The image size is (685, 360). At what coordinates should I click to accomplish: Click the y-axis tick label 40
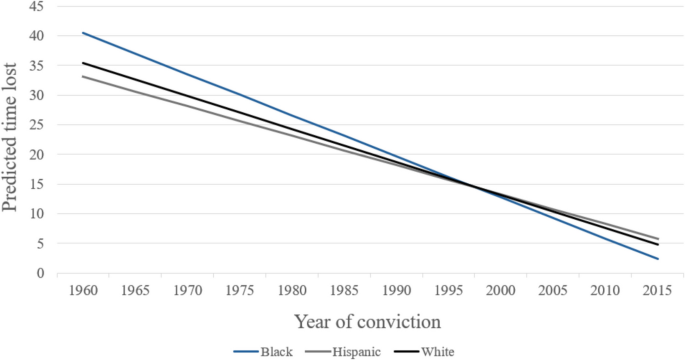[36, 36]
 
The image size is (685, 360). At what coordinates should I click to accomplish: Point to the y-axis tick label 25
[36, 125]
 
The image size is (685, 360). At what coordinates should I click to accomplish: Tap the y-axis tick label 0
[41, 273]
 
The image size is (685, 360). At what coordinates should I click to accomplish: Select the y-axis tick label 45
[36, 6]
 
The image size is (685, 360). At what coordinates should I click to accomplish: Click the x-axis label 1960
[83, 291]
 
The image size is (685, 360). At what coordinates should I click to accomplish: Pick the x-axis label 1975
[240, 291]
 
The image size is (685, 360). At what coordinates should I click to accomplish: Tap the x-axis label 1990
[397, 291]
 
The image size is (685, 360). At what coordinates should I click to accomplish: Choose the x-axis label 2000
[501, 291]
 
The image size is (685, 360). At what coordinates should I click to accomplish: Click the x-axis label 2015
[657, 291]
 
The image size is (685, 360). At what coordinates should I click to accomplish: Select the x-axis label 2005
[553, 291]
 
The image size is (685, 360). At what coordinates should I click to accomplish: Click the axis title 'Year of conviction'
[367, 322]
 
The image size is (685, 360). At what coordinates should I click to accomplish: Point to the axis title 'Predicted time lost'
[10, 138]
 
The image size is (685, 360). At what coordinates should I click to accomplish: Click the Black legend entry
[263, 352]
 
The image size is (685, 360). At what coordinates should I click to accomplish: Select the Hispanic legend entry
[343, 352]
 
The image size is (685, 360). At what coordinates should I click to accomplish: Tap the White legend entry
[424, 352]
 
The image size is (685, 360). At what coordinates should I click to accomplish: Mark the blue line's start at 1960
[83, 33]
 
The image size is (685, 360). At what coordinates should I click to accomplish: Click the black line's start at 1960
[83, 63]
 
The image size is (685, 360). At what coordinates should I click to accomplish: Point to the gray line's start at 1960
[83, 76]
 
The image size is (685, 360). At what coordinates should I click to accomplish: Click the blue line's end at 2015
[658, 259]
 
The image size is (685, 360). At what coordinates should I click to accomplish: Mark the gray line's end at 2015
[658, 239]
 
